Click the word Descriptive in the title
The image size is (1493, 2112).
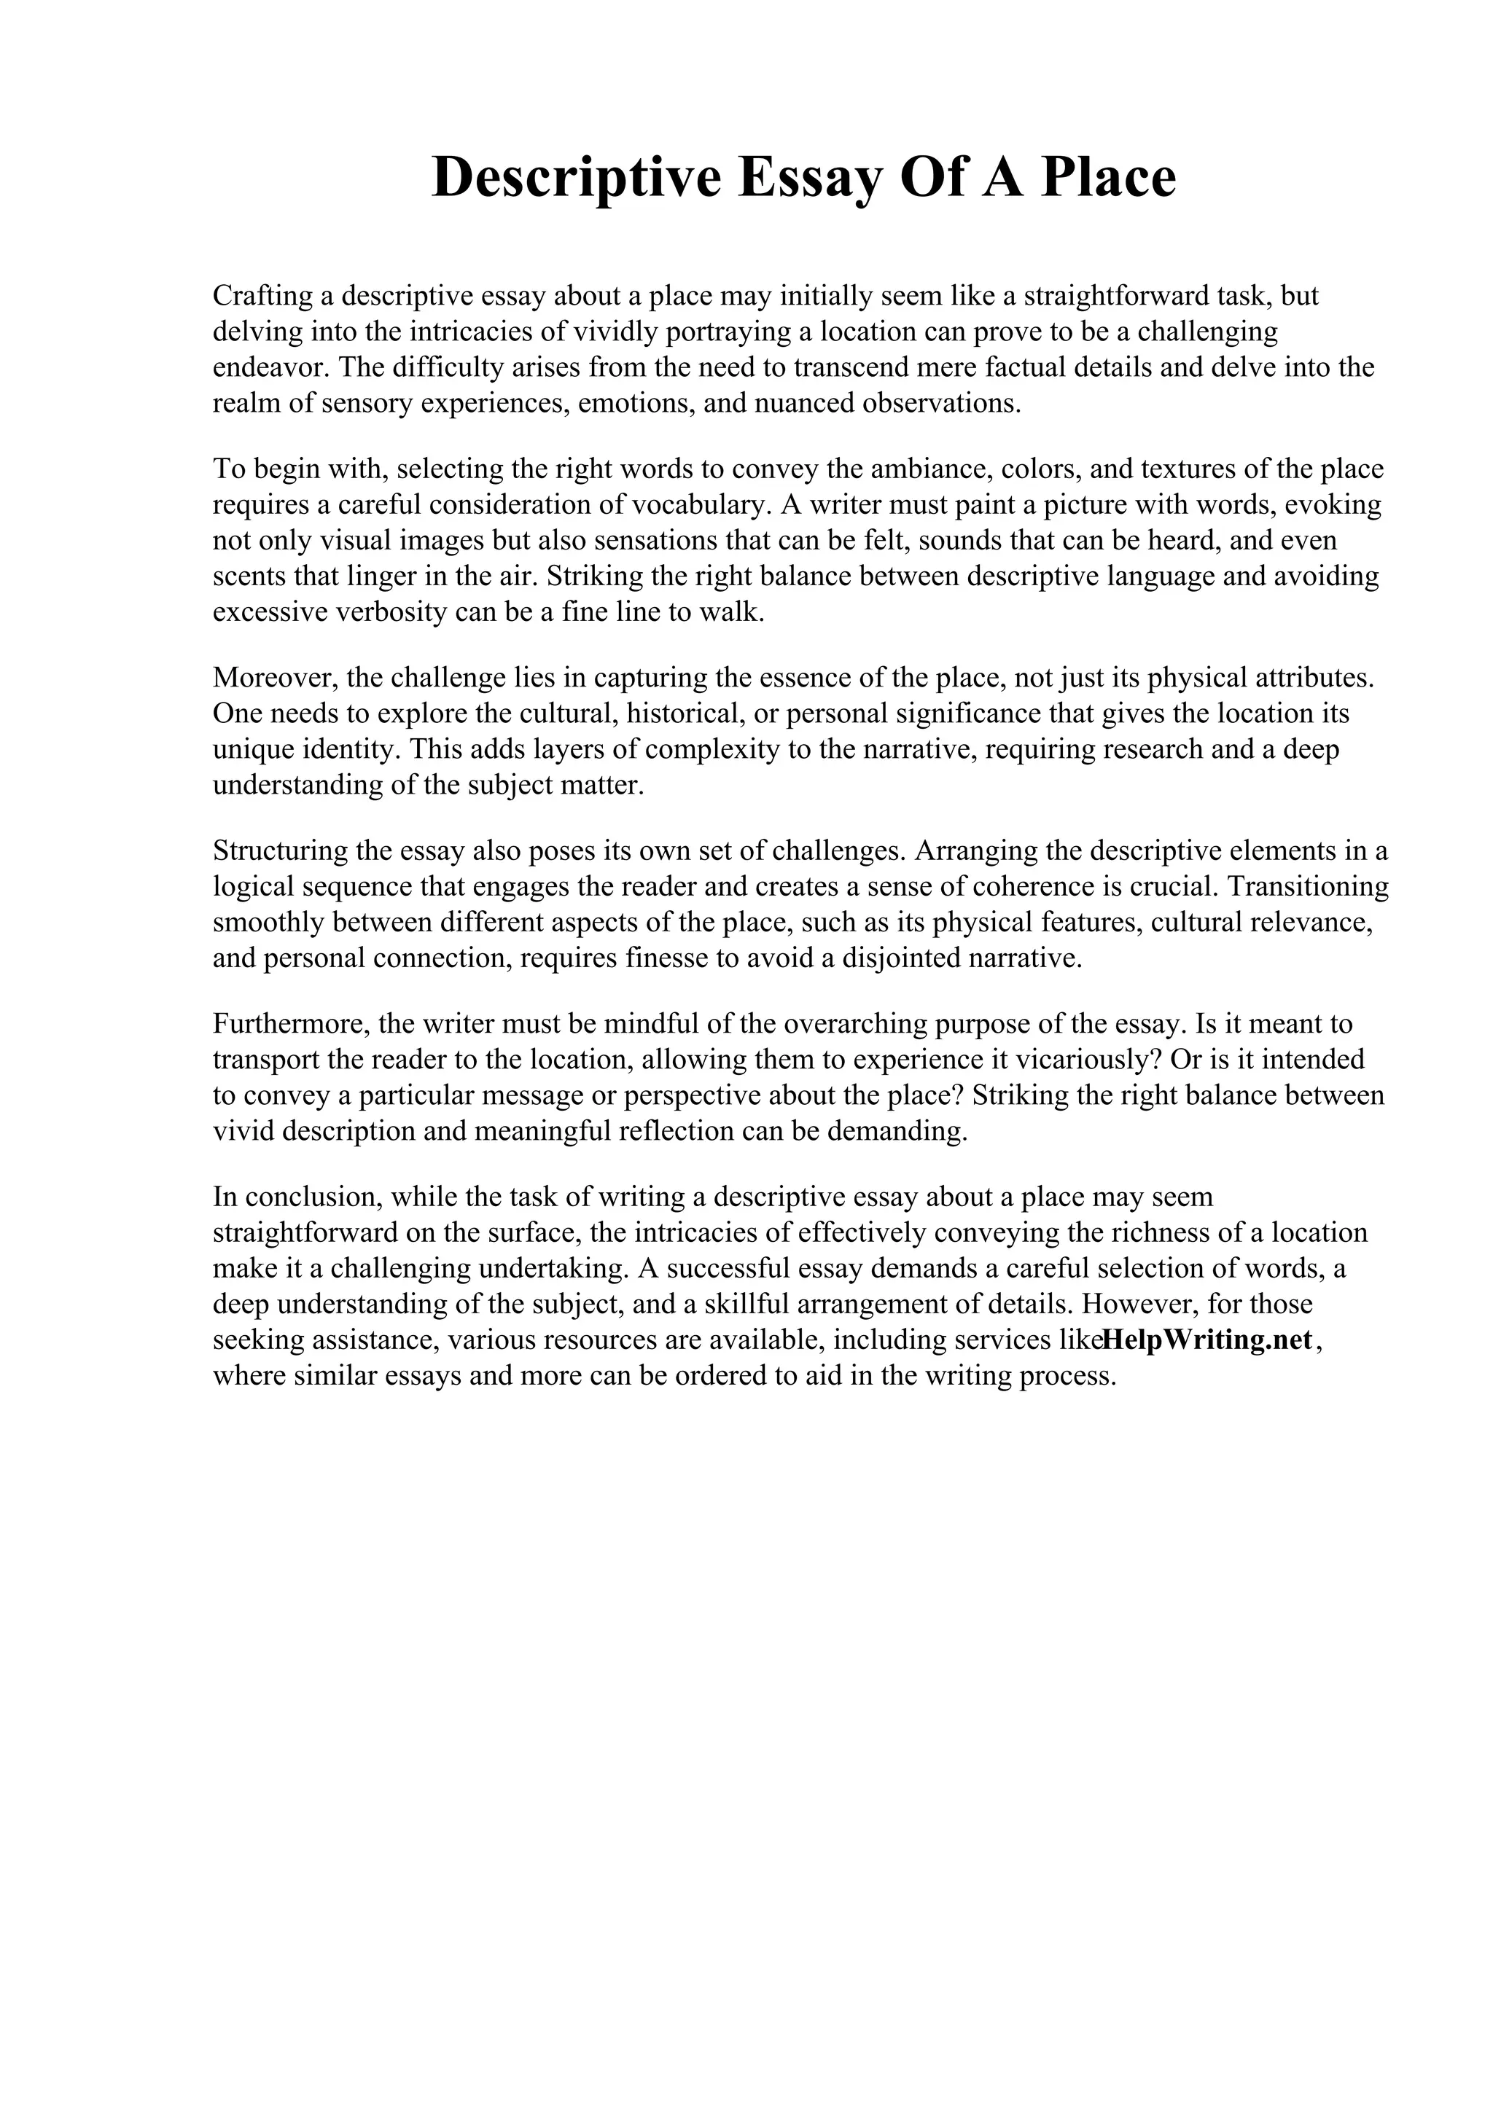[x=576, y=178]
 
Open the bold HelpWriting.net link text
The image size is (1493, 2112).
[x=1206, y=1340]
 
